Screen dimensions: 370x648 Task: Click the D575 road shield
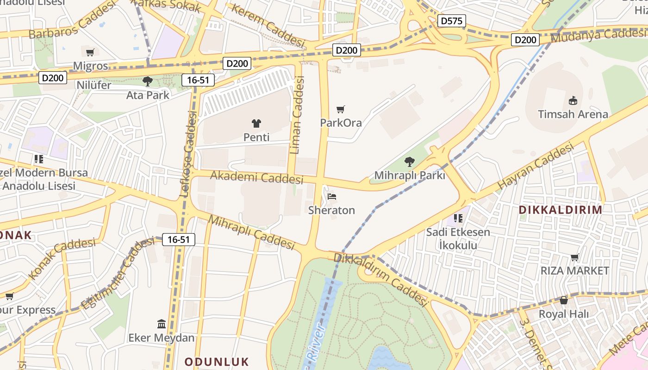click(451, 21)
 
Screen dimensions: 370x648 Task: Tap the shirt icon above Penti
click(256, 123)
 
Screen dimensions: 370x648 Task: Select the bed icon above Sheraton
click(332, 196)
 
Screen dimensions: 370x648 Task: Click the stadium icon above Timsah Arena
click(573, 100)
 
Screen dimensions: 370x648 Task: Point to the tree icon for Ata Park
click(148, 81)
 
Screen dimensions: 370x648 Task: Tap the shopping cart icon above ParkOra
click(341, 110)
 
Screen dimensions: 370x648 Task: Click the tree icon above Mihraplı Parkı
click(409, 162)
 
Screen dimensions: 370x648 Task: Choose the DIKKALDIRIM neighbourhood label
click(561, 210)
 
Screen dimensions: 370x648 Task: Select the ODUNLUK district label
click(217, 362)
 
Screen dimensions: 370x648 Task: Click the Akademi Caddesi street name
click(257, 177)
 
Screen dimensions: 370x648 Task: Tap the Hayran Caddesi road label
click(535, 166)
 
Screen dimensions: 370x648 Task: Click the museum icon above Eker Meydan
click(162, 324)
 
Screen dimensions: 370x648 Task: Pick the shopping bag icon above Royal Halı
click(563, 301)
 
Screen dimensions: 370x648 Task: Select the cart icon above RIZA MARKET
click(574, 257)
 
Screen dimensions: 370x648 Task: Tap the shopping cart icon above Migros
click(90, 52)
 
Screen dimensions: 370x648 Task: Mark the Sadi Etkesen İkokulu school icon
click(458, 218)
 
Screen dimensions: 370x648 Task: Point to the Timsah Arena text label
click(573, 114)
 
